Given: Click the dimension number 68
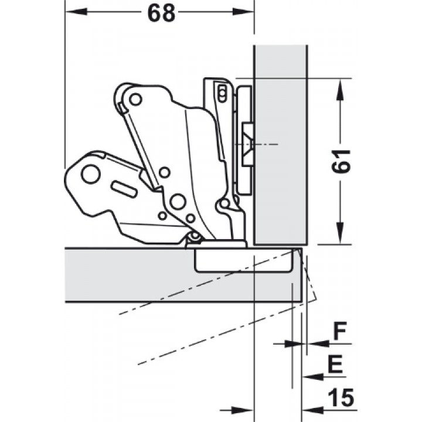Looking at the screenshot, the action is click(161, 13).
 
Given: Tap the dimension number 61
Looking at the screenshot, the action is click(341, 161).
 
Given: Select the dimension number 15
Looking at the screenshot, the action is click(341, 397).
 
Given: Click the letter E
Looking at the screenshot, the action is click(336, 364).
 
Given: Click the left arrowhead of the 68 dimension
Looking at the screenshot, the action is click(76, 12).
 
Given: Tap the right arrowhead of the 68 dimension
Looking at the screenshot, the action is click(243, 12).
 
